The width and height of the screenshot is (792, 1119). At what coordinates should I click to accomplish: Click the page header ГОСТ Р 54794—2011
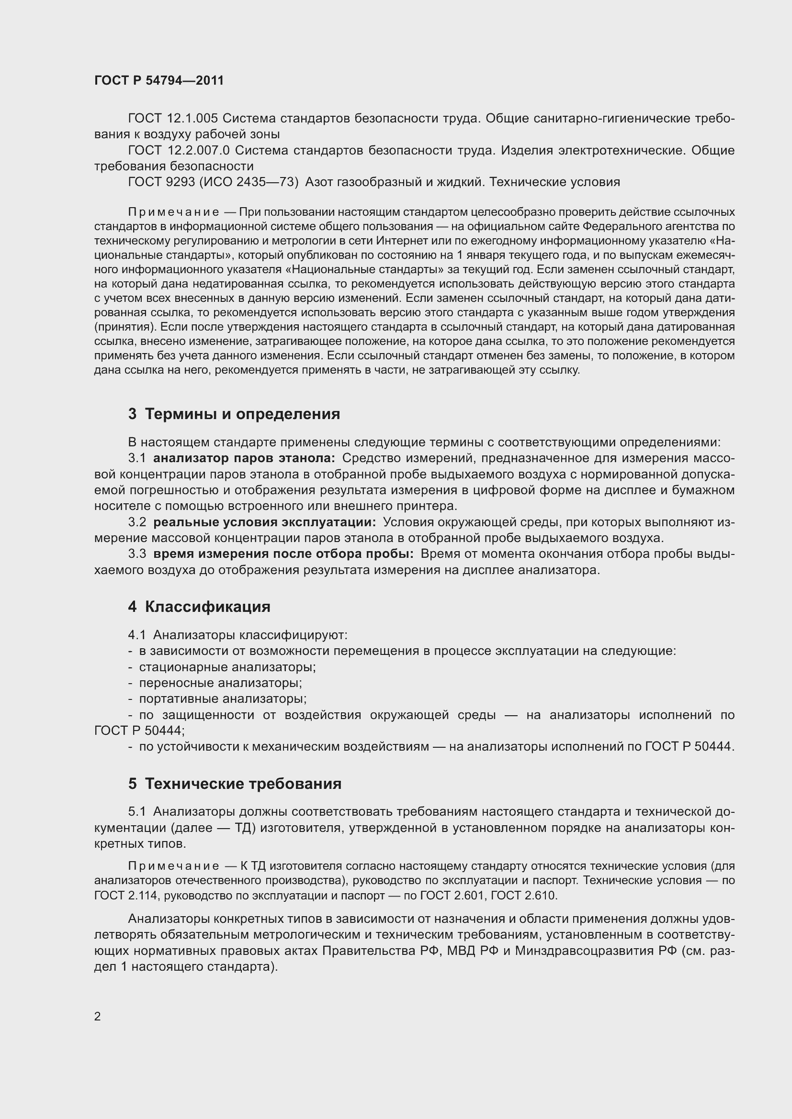tap(159, 81)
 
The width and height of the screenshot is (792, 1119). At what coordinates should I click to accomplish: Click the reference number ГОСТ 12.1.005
tap(173, 119)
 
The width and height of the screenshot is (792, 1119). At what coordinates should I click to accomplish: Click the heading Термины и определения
tap(242, 414)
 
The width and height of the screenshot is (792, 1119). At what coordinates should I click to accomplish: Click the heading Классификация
tap(207, 607)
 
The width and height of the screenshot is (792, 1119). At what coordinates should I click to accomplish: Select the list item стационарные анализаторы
tap(227, 667)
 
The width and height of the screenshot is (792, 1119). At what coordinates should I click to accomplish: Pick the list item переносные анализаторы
tap(220, 683)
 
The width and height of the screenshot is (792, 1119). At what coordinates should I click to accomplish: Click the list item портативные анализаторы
tap(223, 699)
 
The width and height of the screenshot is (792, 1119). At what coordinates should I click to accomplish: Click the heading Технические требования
tap(243, 784)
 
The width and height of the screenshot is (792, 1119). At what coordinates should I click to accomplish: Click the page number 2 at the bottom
tap(98, 1017)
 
